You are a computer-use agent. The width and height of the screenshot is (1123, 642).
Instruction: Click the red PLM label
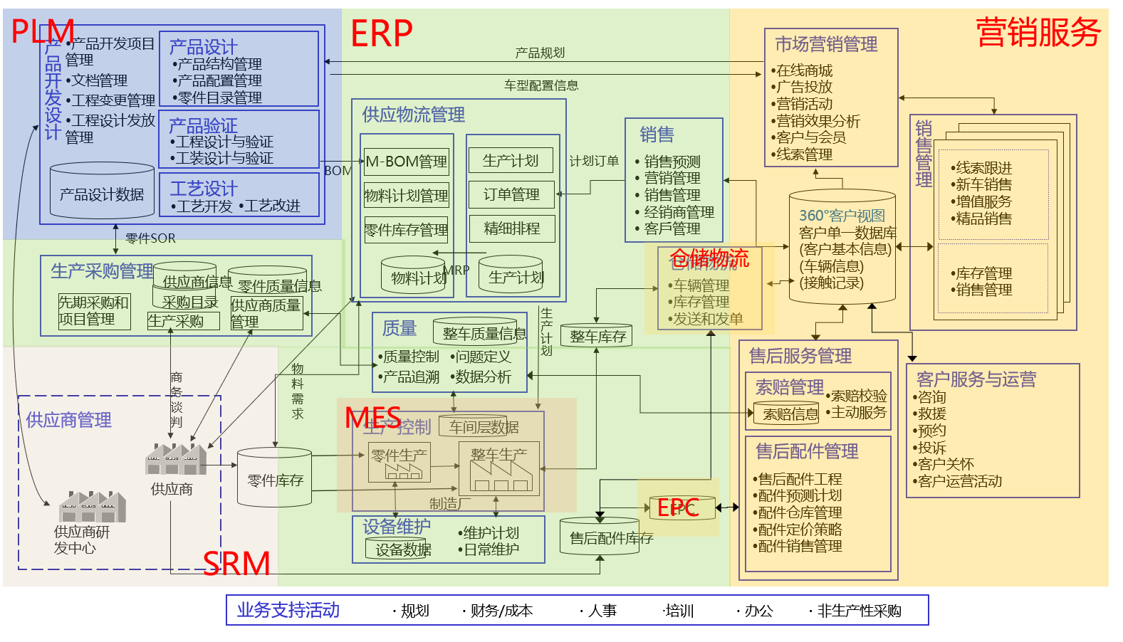tap(43, 31)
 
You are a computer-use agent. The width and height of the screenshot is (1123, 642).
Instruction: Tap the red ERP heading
tap(382, 33)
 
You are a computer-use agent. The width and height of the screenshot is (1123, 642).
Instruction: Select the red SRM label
tap(236, 564)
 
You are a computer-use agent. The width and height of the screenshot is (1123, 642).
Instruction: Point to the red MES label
tap(372, 418)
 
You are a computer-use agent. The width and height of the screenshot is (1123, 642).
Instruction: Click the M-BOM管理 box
tap(407, 162)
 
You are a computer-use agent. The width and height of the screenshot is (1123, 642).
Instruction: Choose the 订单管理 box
tap(511, 194)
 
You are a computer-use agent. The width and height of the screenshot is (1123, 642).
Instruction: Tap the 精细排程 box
tap(511, 228)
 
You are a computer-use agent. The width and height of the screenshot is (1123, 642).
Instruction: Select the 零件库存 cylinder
tap(275, 478)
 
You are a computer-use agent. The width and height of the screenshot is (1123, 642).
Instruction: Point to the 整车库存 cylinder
tap(597, 335)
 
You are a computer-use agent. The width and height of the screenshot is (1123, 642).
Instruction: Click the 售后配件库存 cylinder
tap(600, 537)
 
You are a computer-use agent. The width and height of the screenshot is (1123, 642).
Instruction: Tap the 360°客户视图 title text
tap(842, 215)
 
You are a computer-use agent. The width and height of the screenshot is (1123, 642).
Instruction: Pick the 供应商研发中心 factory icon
tap(93, 507)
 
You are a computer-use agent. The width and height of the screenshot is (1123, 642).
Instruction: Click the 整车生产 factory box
tap(499, 468)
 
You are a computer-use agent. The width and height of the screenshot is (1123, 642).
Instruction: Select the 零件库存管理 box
tap(406, 230)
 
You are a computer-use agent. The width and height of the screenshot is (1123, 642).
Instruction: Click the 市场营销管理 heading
tap(826, 44)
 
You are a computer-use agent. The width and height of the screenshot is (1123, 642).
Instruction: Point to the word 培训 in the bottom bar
tap(679, 611)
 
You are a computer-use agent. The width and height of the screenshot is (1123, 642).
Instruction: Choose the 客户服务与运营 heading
tap(976, 379)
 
